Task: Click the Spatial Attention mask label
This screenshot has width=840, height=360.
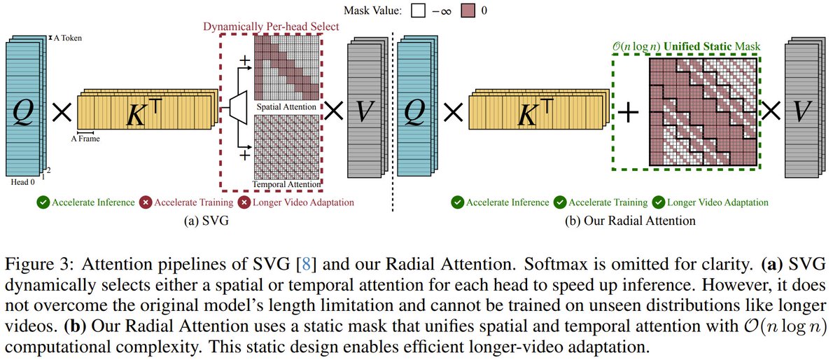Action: click(x=286, y=107)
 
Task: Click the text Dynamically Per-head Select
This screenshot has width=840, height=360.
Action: click(x=271, y=27)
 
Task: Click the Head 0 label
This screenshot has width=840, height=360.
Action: click(x=22, y=181)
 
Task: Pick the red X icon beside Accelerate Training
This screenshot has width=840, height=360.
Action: click(x=147, y=202)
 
